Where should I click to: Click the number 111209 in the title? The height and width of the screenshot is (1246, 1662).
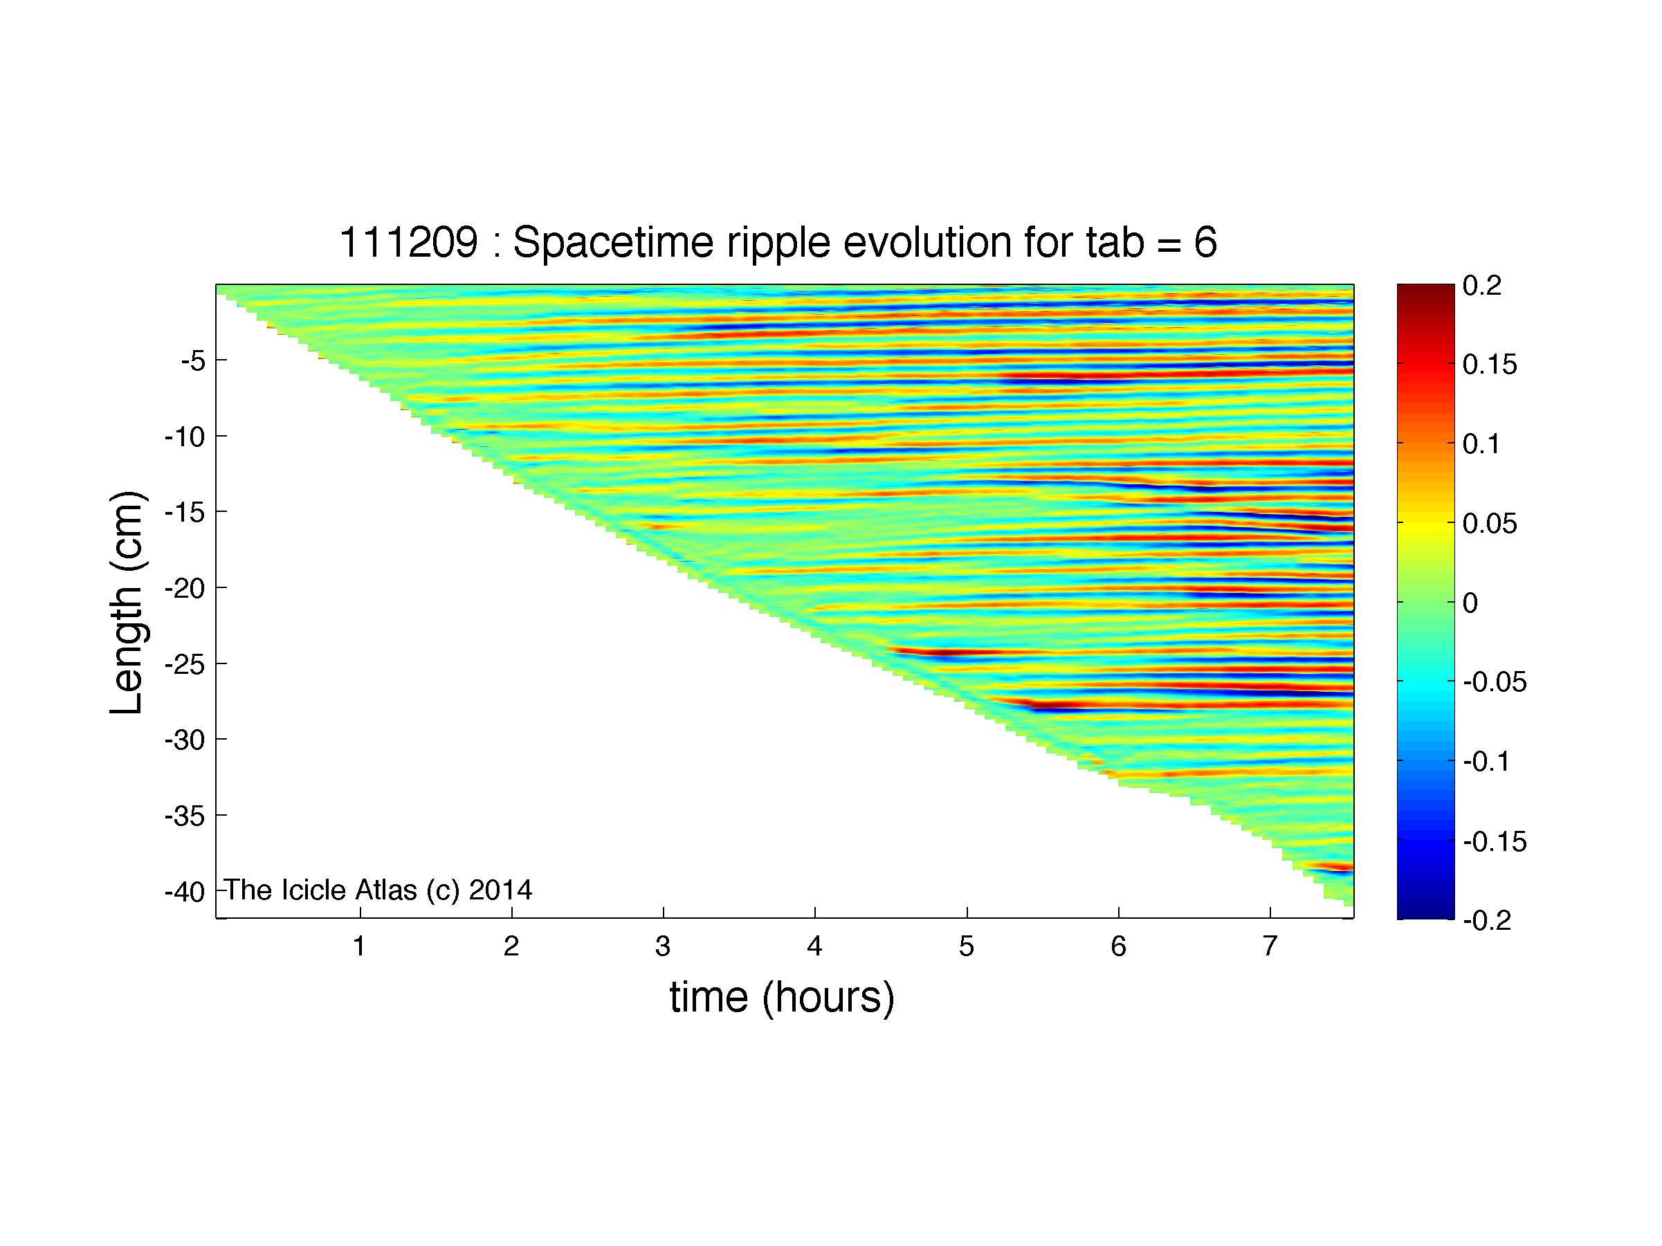click(409, 244)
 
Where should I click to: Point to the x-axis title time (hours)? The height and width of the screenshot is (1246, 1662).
click(782, 998)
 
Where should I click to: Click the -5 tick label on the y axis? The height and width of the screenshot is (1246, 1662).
click(193, 361)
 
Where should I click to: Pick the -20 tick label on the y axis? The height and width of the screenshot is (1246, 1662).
click(185, 588)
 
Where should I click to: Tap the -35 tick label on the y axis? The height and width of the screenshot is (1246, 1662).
click(185, 816)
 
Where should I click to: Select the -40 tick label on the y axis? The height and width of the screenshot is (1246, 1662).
click(185, 892)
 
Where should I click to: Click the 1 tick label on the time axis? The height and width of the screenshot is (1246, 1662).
click(360, 946)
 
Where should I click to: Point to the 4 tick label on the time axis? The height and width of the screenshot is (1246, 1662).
click(815, 946)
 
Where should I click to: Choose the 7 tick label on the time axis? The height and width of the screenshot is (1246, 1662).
click(1270, 946)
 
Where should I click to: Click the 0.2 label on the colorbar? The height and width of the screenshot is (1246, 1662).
click(1482, 286)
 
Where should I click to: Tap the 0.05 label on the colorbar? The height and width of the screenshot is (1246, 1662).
click(1490, 524)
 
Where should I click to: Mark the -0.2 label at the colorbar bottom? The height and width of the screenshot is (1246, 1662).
click(1488, 920)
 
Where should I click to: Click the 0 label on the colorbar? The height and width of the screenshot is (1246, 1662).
click(1471, 603)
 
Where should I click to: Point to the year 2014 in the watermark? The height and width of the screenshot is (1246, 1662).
click(501, 890)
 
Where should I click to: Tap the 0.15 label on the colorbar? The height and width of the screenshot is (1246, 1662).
click(1490, 365)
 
